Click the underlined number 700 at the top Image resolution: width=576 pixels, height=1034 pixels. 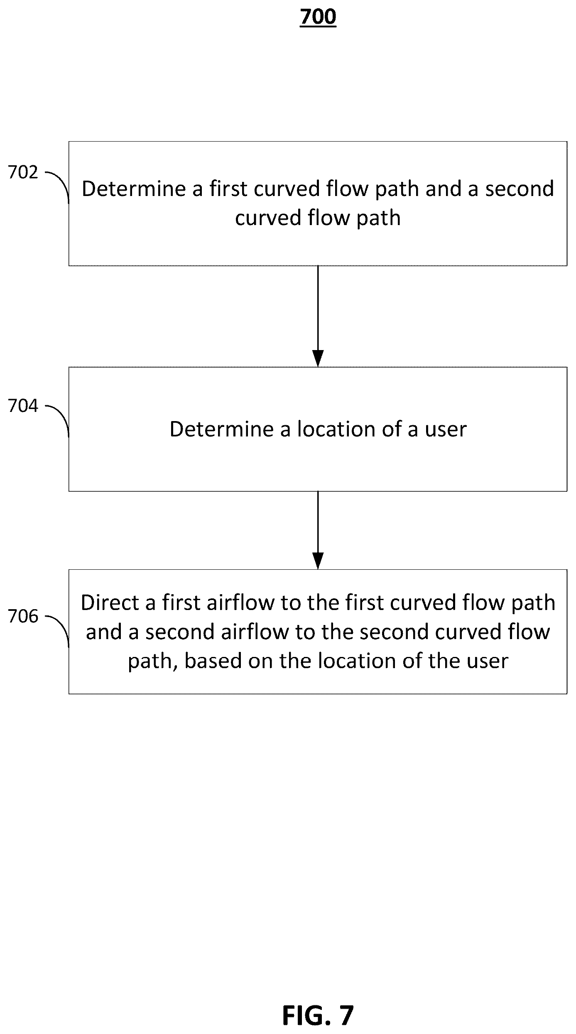tap(318, 17)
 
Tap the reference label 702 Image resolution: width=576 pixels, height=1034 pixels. tap(23, 172)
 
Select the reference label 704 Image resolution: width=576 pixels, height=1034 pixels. tap(23, 406)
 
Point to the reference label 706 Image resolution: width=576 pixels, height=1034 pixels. tap(23, 616)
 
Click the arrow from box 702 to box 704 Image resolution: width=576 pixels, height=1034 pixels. tap(318, 316)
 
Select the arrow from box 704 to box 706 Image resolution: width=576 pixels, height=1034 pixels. tap(318, 530)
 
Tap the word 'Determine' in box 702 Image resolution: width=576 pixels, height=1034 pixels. tap(134, 189)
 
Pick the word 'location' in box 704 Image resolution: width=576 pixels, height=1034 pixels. tap(336, 429)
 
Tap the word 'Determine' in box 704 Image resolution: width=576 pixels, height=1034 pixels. tap(222, 429)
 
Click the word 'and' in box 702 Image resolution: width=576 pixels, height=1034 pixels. tap(444, 189)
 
